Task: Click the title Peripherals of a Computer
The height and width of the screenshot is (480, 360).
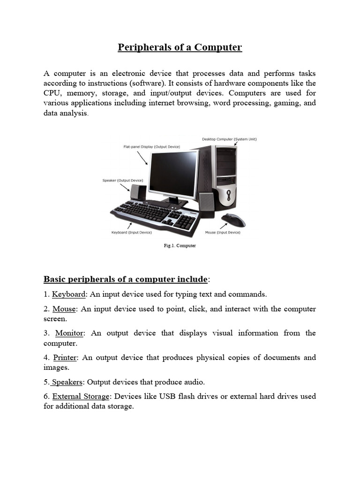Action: click(x=180, y=47)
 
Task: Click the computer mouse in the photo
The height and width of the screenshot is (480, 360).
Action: click(x=232, y=219)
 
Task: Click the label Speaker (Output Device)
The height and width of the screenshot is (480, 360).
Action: click(x=123, y=180)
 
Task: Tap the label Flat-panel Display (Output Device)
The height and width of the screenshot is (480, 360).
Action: click(x=151, y=147)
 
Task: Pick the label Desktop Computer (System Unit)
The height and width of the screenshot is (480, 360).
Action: click(x=229, y=139)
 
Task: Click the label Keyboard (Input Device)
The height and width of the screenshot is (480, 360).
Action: click(x=131, y=232)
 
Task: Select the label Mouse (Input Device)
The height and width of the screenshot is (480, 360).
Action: click(x=223, y=232)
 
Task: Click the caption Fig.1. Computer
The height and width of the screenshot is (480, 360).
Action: click(x=180, y=246)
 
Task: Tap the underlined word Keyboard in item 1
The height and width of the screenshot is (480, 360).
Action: click(x=69, y=294)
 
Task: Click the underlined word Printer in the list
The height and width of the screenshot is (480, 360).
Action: click(x=65, y=357)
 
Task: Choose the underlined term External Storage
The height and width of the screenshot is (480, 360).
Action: click(x=80, y=397)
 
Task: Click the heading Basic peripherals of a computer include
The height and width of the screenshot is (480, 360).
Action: click(x=126, y=279)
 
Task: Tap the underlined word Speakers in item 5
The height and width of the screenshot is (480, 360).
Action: click(x=67, y=382)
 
